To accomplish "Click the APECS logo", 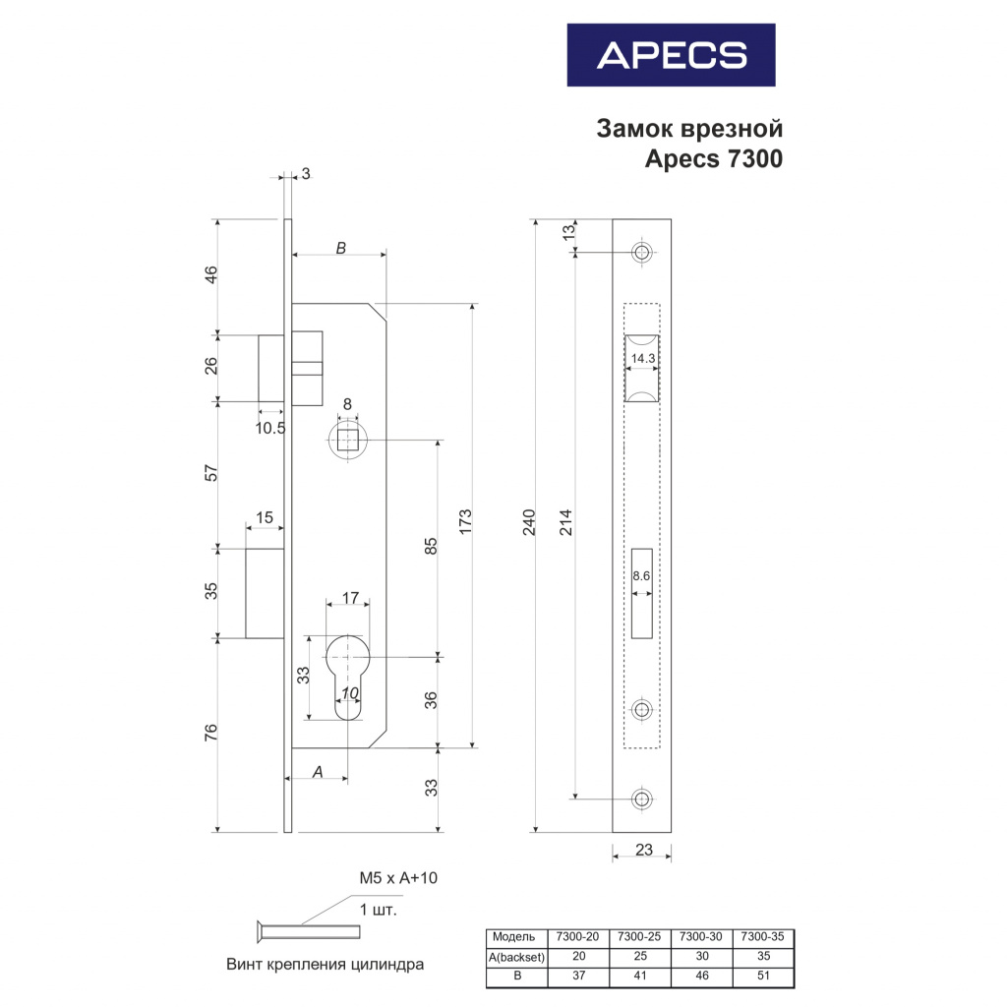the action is pyautogui.click(x=671, y=55).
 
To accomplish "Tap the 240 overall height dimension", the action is pyautogui.click(x=528, y=522).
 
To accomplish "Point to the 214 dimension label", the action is pyautogui.click(x=565, y=522).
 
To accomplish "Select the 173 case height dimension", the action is pyautogui.click(x=465, y=522).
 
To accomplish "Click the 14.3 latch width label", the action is pyautogui.click(x=643, y=358).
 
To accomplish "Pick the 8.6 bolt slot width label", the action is pyautogui.click(x=641, y=575).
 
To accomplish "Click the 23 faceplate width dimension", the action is pyautogui.click(x=643, y=850).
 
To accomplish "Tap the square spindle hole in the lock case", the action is pyautogui.click(x=347, y=441).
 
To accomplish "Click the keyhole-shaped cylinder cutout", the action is pyautogui.click(x=347, y=677).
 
